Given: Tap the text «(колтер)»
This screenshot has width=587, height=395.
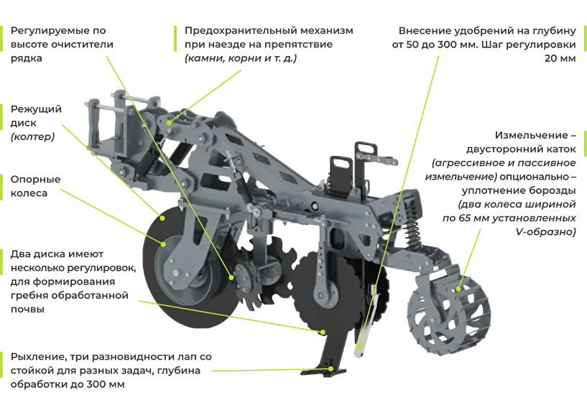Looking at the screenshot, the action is (32, 137).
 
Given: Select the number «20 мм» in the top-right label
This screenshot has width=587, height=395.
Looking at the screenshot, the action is (560, 58).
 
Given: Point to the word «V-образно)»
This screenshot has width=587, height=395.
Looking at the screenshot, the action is (545, 232).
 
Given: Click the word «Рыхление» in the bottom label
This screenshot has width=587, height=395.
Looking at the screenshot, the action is (40, 357).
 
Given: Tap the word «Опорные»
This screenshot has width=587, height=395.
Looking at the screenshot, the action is (35, 180).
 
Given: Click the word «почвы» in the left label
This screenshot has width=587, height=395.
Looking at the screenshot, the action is (27, 310).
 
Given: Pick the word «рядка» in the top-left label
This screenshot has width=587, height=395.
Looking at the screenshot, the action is (26, 59).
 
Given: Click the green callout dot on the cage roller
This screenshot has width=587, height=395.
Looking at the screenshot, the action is (459, 289).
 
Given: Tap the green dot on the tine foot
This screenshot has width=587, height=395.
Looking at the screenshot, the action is (331, 369).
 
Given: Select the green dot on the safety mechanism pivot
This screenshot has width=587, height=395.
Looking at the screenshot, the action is (170, 122).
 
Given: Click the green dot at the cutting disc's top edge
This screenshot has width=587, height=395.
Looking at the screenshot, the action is (162, 218).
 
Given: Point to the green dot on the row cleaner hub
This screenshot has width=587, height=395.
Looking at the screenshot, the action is (232, 277).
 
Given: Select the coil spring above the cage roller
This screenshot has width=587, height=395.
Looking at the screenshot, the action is (412, 232).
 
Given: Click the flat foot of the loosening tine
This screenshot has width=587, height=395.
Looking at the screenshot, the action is (323, 372).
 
